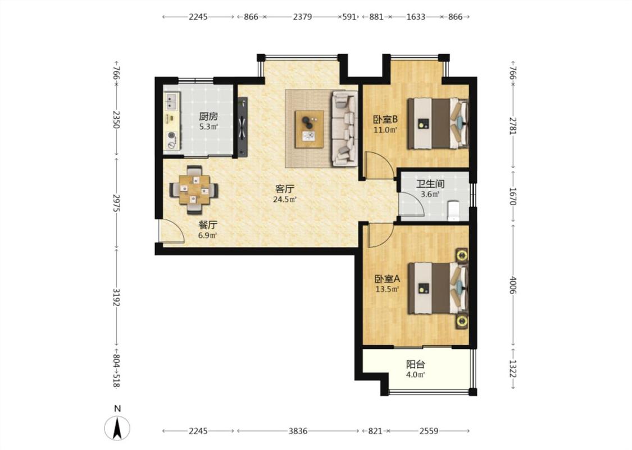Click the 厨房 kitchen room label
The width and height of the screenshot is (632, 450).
pyautogui.click(x=208, y=116)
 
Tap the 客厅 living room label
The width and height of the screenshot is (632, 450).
pyautogui.click(x=285, y=188)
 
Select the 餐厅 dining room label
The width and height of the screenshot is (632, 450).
pyautogui.click(x=207, y=225)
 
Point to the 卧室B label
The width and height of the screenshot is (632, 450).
pyautogui.click(x=385, y=119)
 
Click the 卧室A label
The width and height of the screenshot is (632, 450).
pyautogui.click(x=387, y=279)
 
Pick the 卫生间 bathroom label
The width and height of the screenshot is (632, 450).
pyautogui.click(x=430, y=184)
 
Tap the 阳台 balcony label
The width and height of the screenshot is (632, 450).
pyautogui.click(x=416, y=364)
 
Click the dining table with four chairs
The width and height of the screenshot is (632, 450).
pyautogui.click(x=194, y=190)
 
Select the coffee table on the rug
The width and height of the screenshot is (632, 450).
pyautogui.click(x=309, y=129)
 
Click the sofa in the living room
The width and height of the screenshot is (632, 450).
pyautogui.click(x=344, y=128)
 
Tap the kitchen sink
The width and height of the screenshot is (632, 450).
pyautogui.click(x=172, y=101)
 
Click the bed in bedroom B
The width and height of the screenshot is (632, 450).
pyautogui.click(x=438, y=124)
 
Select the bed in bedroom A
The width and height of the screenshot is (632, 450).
pyautogui.click(x=438, y=288)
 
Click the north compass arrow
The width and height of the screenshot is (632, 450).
pyautogui.click(x=117, y=428)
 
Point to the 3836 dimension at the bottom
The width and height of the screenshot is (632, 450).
pyautogui.click(x=298, y=431)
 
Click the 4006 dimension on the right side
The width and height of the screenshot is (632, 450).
pyautogui.click(x=513, y=285)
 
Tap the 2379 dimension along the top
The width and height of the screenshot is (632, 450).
pyautogui.click(x=302, y=16)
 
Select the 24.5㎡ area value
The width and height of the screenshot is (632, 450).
pyautogui.click(x=285, y=199)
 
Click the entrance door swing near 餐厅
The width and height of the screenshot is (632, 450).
pyautogui.click(x=172, y=232)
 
